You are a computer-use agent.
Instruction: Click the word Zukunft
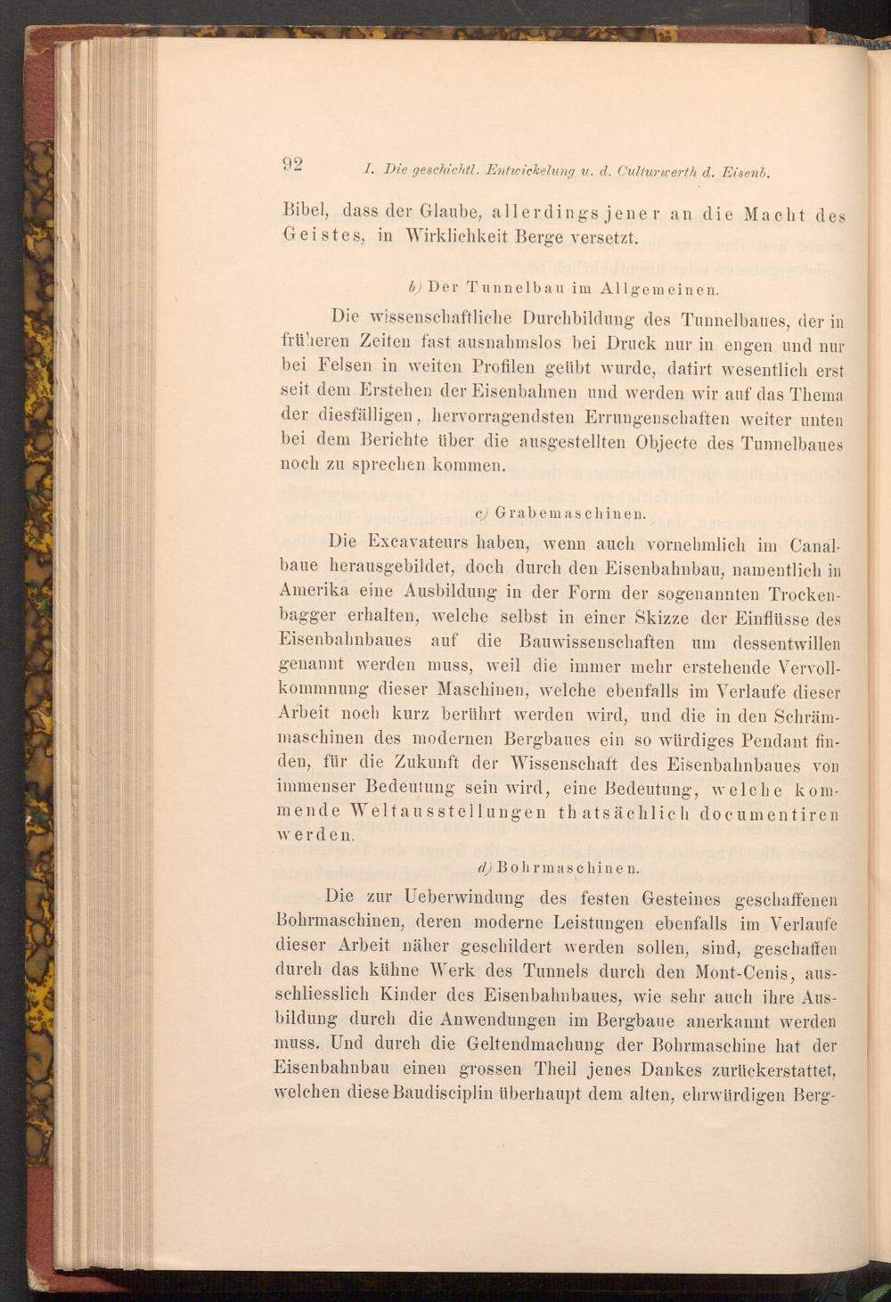tap(426, 764)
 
